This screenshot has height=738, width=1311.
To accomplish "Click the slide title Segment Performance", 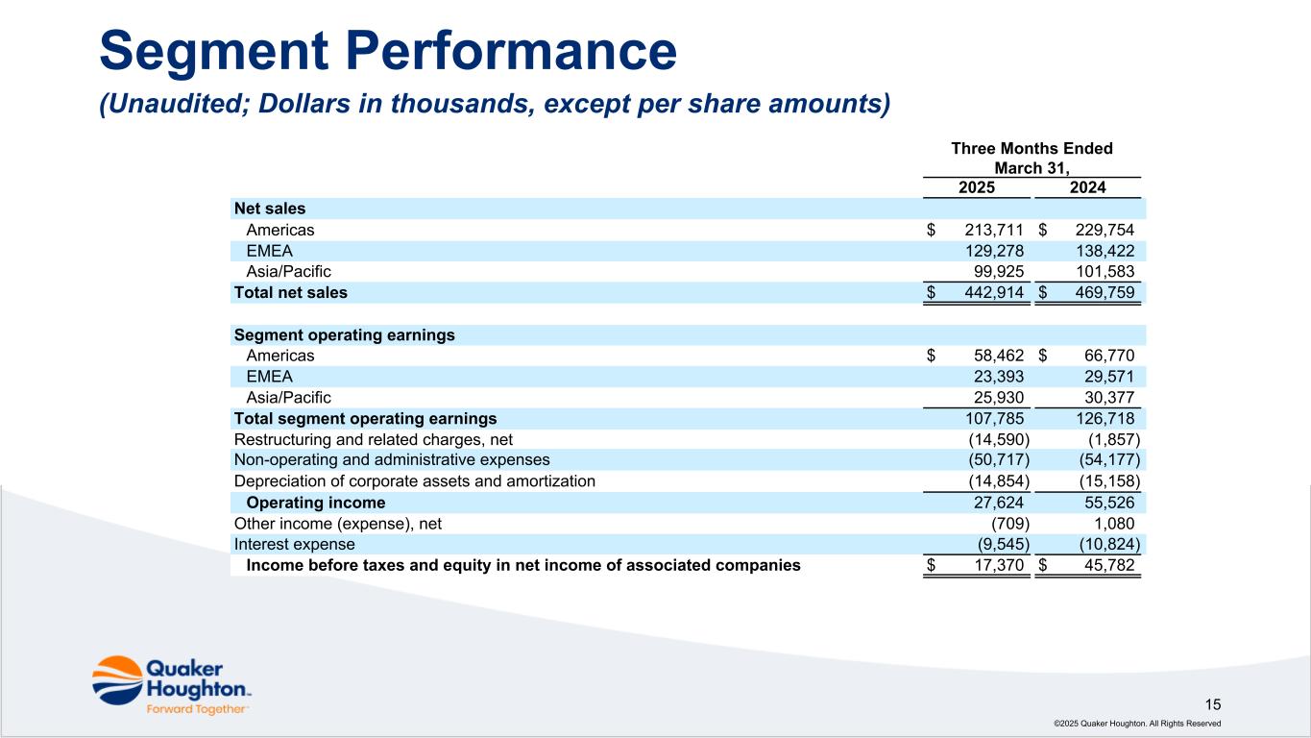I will [388, 52].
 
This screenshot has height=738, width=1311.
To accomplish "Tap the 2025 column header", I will [977, 187].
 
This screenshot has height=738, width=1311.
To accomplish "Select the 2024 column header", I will [1087, 187].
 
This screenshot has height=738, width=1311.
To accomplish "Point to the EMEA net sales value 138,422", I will [1103, 251].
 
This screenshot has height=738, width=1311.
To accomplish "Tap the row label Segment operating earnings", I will [344, 335].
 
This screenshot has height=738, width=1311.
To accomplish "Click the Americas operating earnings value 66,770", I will [1106, 356].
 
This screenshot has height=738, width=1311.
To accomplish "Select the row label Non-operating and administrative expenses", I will [392, 460].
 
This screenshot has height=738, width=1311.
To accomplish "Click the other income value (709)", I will [1010, 524].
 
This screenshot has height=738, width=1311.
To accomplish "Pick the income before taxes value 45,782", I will [1106, 565].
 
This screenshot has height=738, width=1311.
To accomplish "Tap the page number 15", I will [1213, 703].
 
